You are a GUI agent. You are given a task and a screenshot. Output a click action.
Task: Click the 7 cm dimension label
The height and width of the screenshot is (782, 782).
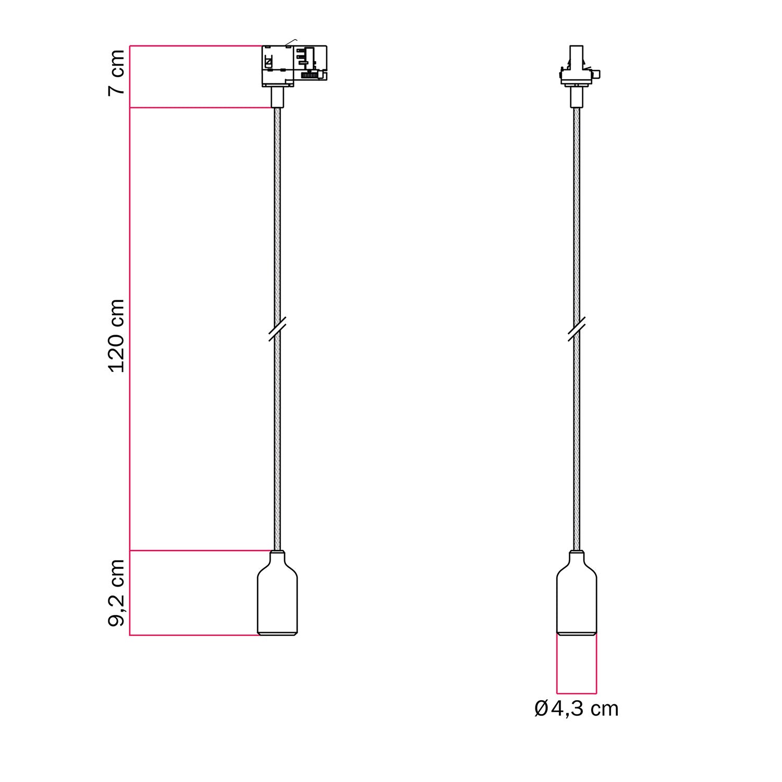(117, 72)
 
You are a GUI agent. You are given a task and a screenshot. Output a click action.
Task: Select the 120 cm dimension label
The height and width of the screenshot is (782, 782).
(117, 336)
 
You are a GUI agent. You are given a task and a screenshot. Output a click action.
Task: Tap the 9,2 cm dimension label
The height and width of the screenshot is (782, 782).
(117, 592)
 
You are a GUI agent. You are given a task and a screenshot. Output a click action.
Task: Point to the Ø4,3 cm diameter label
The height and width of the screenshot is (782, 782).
(577, 709)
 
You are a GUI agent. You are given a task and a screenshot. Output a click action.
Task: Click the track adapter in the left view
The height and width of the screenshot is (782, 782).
(294, 65)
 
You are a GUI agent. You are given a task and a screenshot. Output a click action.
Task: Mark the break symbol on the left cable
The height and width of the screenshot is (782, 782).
(277, 328)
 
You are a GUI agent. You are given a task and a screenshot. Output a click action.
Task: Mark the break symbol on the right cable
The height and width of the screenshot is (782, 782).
(576, 328)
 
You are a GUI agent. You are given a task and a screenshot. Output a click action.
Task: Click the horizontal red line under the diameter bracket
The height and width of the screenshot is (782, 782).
(577, 694)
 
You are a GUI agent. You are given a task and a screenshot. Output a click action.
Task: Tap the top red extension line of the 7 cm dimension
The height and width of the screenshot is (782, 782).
(195, 46)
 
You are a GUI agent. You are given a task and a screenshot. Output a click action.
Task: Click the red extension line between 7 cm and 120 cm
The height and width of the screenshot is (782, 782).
(201, 108)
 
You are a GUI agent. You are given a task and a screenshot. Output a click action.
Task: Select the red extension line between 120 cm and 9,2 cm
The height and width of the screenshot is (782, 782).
(201, 550)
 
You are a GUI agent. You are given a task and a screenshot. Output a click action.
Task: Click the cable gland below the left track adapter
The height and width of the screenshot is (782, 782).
(277, 97)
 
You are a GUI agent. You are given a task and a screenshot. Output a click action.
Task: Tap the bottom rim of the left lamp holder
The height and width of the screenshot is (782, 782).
(278, 633)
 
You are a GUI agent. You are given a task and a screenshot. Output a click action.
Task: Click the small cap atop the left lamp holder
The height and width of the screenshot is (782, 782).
(278, 553)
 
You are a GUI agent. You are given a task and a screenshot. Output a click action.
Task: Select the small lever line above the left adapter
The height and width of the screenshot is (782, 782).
(291, 42)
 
